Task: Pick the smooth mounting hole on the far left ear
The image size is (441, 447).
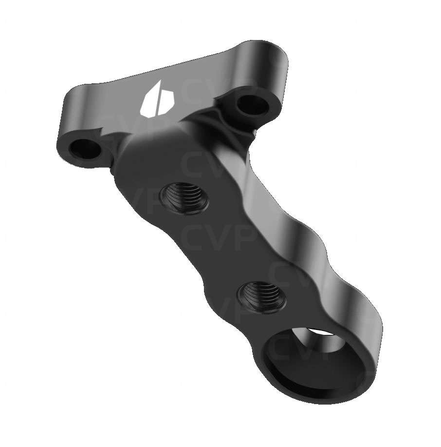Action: click(x=85, y=149)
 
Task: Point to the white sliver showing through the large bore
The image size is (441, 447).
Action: click(x=322, y=331)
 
